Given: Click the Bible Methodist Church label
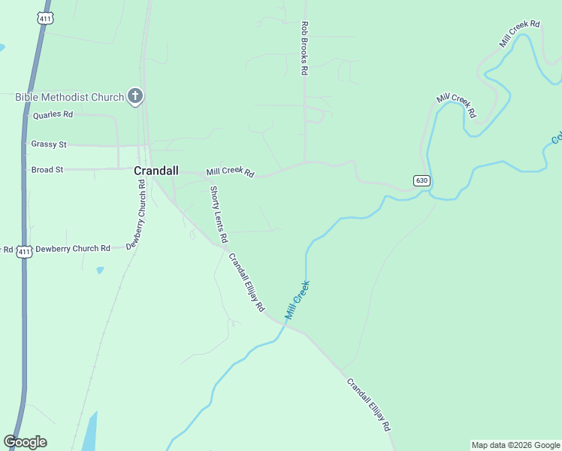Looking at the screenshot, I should point(69,97).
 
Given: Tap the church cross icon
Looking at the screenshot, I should point(135,95).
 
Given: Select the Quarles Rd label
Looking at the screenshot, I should point(53,115).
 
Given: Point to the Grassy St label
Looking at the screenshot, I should point(49,144).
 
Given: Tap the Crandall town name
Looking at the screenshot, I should point(156,171).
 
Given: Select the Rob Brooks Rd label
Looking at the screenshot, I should point(305,48).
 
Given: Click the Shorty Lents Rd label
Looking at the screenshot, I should point(219,214).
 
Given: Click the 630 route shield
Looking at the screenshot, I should point(421,180).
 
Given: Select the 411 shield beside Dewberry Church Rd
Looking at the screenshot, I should point(25,251).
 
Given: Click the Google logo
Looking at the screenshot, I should point(26,442).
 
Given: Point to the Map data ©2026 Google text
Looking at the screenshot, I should point(515,445).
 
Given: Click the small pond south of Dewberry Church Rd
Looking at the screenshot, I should point(99,269).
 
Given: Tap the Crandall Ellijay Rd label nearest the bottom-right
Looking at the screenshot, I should point(369,404).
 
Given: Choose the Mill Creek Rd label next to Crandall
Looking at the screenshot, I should point(231,172).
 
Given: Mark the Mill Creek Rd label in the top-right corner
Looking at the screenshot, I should point(520,35).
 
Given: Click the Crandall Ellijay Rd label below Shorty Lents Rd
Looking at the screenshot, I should point(247,283).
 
